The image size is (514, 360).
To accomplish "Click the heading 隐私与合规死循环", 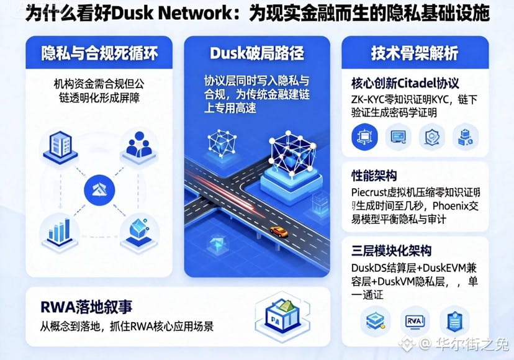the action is coord(99,53).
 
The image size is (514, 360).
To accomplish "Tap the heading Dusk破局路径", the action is coord(256,53).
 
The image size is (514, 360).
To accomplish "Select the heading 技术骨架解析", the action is coord(415,53).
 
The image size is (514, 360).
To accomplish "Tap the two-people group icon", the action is coord(139,145).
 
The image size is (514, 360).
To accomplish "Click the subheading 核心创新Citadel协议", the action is coord(405,83).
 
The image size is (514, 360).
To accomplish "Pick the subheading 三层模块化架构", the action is coord(390,251).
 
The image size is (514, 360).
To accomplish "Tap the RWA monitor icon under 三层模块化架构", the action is coord(415,320).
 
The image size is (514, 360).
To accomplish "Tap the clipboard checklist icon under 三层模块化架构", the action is coord(454,320).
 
